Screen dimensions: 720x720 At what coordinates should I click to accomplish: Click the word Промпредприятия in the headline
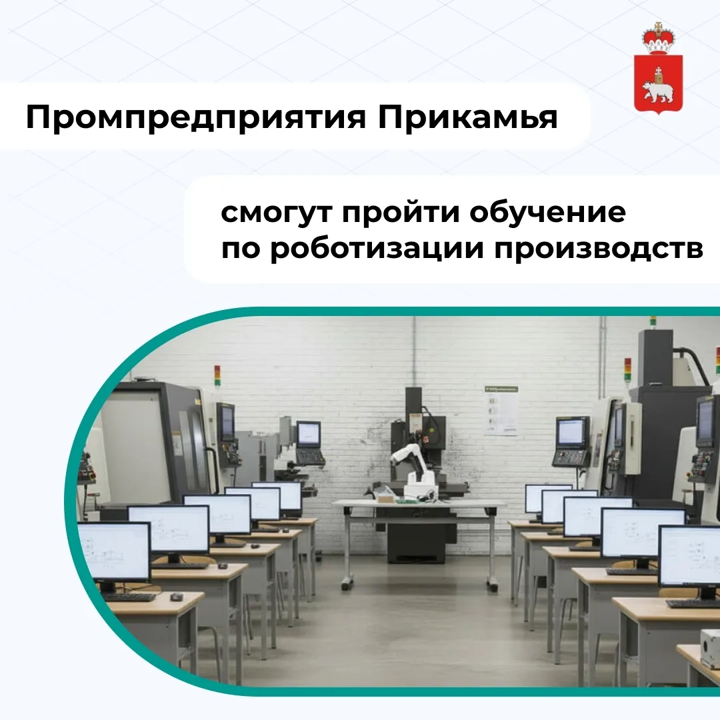(x=195, y=118)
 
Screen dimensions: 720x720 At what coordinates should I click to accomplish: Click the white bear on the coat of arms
(x=656, y=91)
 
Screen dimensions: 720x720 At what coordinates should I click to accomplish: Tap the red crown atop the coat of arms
(x=659, y=39)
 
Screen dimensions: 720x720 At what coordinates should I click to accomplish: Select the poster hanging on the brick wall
(x=501, y=411)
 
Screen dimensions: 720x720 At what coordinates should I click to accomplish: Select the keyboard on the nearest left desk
(x=127, y=597)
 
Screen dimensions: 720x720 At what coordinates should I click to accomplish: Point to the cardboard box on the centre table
(x=385, y=497)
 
